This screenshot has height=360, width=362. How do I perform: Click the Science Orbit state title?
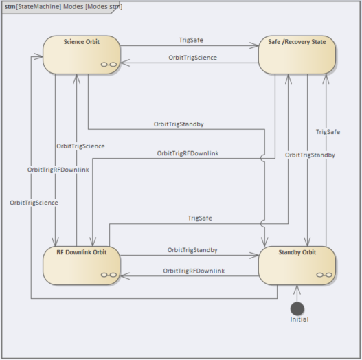[82, 42]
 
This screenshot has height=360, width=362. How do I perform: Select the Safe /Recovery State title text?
[297, 42]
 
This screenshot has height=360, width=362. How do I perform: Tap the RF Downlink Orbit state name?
[82, 252]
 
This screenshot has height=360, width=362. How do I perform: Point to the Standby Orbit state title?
[297, 252]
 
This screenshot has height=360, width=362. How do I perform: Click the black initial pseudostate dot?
[297, 308]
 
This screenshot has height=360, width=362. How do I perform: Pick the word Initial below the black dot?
[299, 319]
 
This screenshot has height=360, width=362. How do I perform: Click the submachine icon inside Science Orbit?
[109, 65]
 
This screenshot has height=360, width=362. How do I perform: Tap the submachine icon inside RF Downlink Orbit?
[109, 275]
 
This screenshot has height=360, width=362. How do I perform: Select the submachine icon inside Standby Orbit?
[324, 275]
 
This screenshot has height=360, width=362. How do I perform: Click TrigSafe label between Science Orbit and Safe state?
[191, 40]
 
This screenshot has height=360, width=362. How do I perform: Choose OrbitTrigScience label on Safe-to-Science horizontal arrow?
[193, 58]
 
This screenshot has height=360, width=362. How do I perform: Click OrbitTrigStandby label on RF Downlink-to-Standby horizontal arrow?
[192, 250]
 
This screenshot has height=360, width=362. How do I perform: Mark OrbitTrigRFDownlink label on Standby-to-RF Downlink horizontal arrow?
[194, 271]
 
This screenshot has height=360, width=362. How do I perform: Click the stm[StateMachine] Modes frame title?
[63, 7]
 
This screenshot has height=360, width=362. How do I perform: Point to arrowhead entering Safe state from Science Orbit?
[254, 45]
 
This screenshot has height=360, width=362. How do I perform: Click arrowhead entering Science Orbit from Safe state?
[125, 63]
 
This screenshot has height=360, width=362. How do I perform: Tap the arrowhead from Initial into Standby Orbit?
[297, 289]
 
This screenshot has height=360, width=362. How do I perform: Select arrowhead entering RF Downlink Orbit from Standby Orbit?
[125, 275]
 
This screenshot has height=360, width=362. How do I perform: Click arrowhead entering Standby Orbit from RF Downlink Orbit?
[254, 255]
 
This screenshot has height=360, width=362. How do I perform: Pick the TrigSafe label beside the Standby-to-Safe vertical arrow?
[328, 132]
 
